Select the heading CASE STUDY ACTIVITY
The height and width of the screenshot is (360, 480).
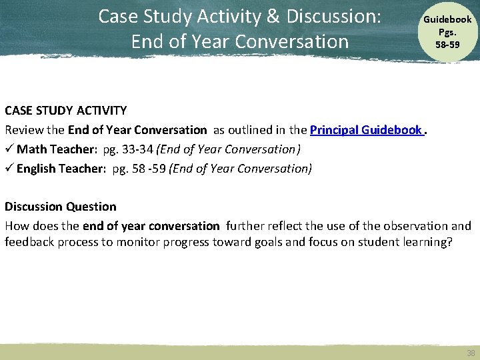point(65,110)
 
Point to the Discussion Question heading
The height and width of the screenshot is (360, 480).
point(61,207)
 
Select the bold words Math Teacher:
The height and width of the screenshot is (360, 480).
point(57,149)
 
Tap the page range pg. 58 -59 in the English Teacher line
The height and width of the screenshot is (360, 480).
point(139,169)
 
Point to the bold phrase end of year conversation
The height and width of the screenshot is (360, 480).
point(151,226)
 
